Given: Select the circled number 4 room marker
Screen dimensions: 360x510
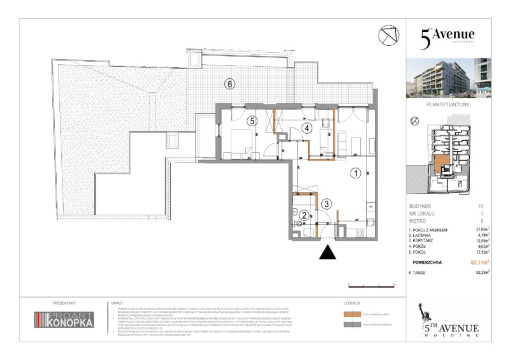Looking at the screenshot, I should click(x=307, y=128).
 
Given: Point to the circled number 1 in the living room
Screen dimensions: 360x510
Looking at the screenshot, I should click(x=355, y=172).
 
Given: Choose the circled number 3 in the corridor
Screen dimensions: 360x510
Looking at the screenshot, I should click(x=326, y=204).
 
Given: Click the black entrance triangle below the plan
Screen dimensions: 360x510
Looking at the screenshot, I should click(x=328, y=253).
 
